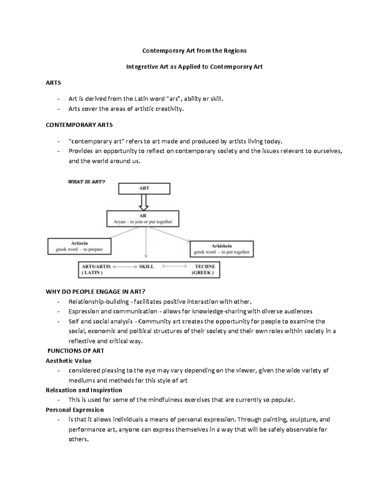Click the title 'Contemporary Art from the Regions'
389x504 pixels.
[x=194, y=51]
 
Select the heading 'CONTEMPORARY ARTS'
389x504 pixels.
[x=79, y=125]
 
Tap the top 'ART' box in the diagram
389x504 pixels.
[x=144, y=189]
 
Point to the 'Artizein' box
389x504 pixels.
[x=79, y=246]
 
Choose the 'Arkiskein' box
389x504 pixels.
[x=222, y=249]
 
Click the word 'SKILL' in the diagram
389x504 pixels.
[x=147, y=266]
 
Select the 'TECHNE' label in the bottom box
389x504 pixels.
[x=205, y=266]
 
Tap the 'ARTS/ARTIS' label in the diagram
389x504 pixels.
[x=96, y=266]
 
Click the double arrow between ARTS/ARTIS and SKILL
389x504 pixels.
[x=125, y=266]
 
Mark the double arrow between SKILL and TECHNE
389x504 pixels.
[x=174, y=266]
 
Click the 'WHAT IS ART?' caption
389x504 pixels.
[x=87, y=182]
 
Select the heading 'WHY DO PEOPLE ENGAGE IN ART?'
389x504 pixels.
[x=93, y=292]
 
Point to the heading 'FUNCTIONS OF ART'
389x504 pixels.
[x=76, y=351]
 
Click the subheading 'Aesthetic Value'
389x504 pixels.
[x=68, y=361]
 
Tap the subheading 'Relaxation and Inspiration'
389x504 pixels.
[x=84, y=390]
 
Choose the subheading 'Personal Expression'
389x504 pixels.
[x=75, y=410]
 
